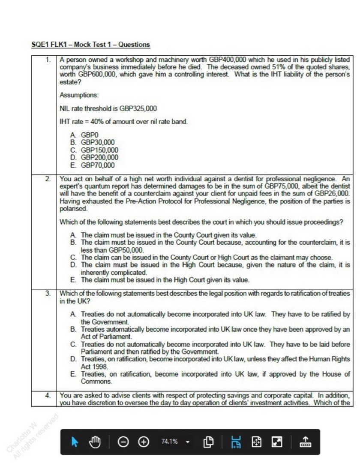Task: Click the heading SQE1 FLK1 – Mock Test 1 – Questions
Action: pyautogui.click(x=91, y=45)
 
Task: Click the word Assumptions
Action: pyautogui.click(x=76, y=94)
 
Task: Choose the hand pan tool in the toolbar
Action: pyautogui.click(x=94, y=441)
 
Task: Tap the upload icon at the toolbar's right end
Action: pyautogui.click(x=305, y=441)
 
